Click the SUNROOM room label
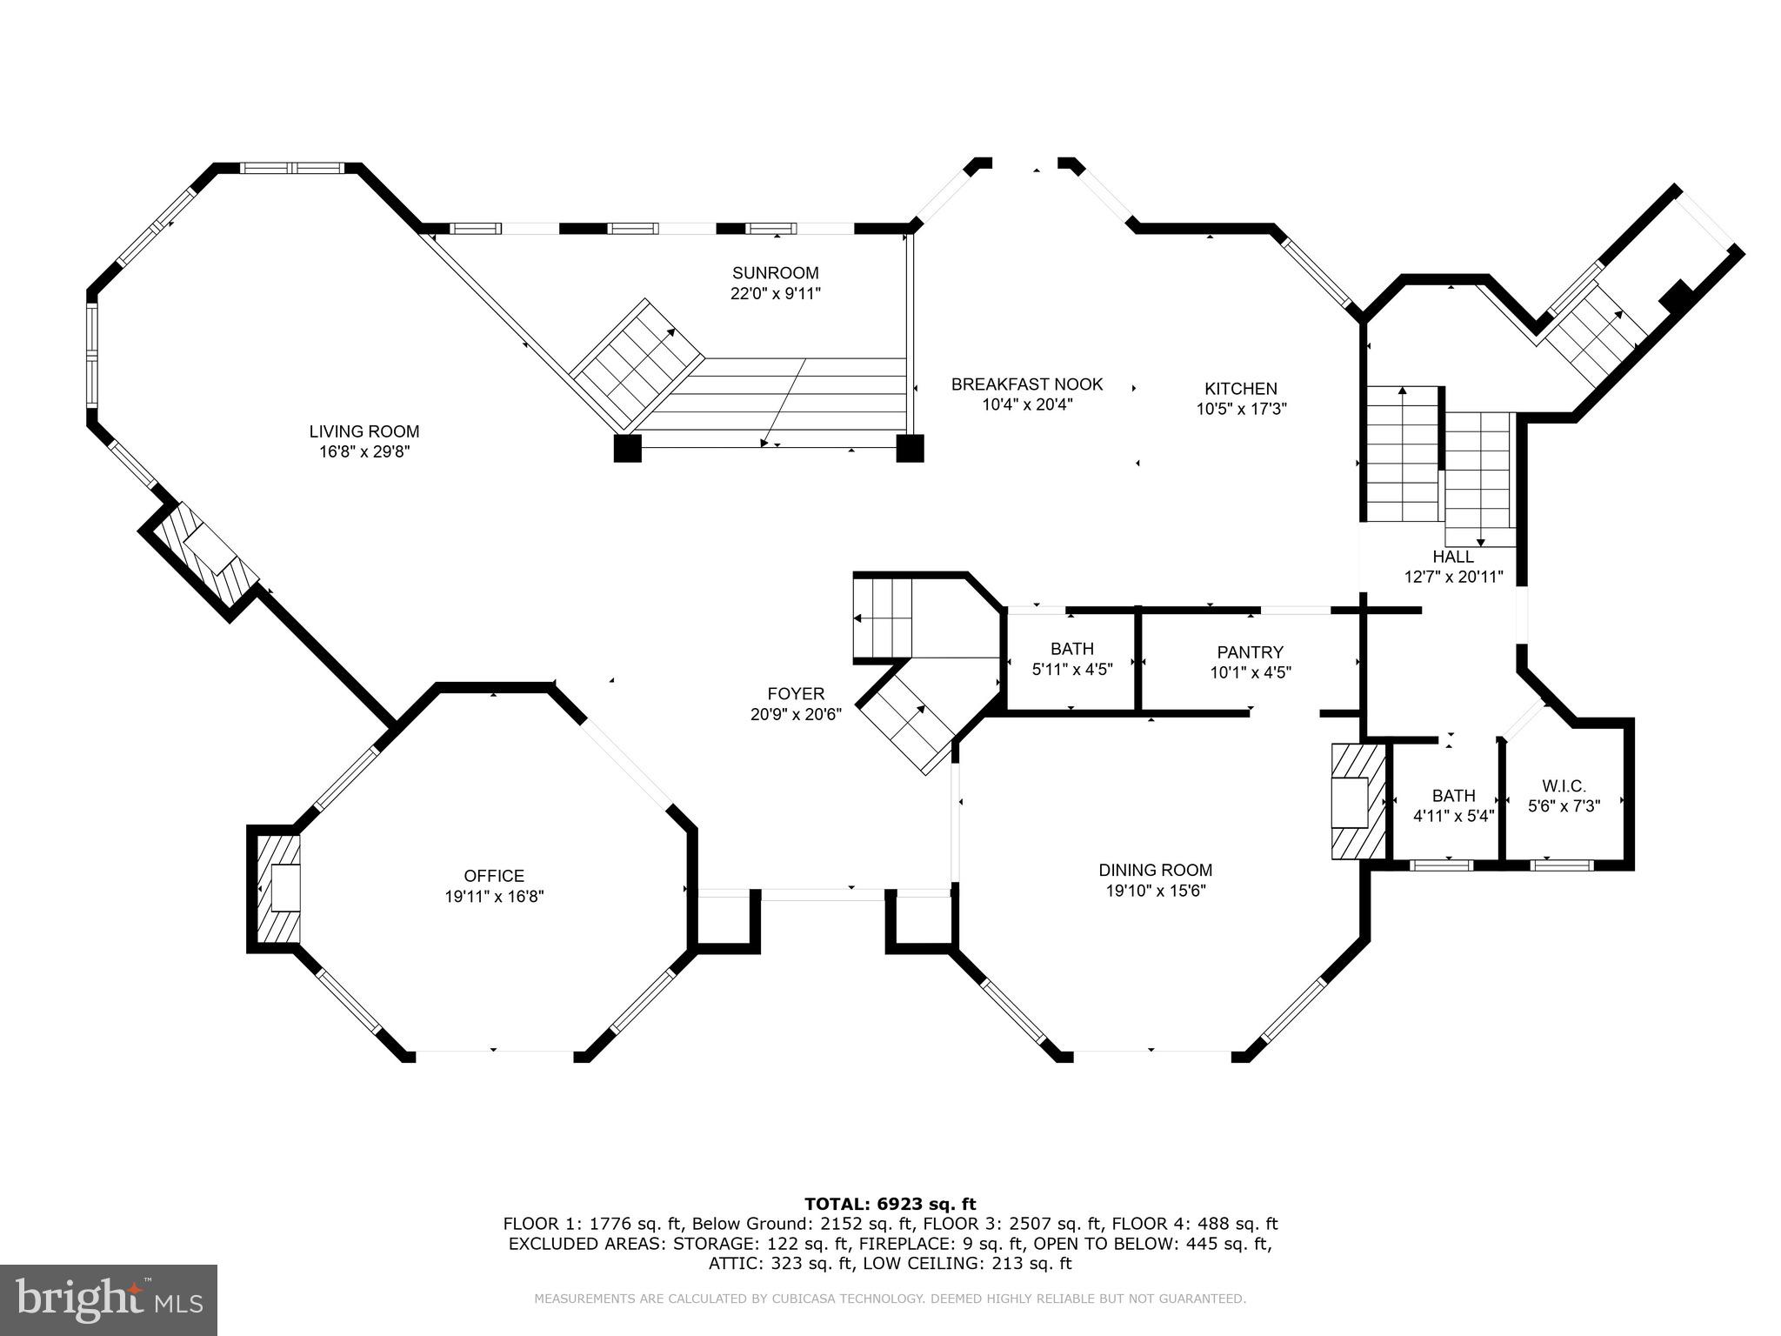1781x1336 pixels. tap(775, 273)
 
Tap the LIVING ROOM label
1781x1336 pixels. tap(364, 431)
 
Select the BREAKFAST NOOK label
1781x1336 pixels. tap(1026, 384)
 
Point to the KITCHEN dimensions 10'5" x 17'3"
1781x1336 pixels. tap(1241, 409)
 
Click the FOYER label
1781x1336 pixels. tap(796, 694)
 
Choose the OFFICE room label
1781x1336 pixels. tap(494, 876)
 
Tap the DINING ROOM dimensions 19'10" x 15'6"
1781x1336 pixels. tap(1155, 891)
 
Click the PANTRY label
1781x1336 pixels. tap(1250, 652)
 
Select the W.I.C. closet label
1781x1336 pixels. tap(1564, 786)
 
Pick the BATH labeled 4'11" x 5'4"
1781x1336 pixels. tap(1453, 805)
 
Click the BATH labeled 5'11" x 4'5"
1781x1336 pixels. tap(1071, 658)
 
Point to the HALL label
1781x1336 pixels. tap(1453, 557)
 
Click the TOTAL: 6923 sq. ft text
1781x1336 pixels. tap(890, 1204)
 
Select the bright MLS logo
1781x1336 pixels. tap(109, 1300)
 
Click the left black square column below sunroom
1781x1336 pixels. tap(627, 448)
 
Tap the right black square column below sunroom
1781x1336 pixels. tap(910, 448)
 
